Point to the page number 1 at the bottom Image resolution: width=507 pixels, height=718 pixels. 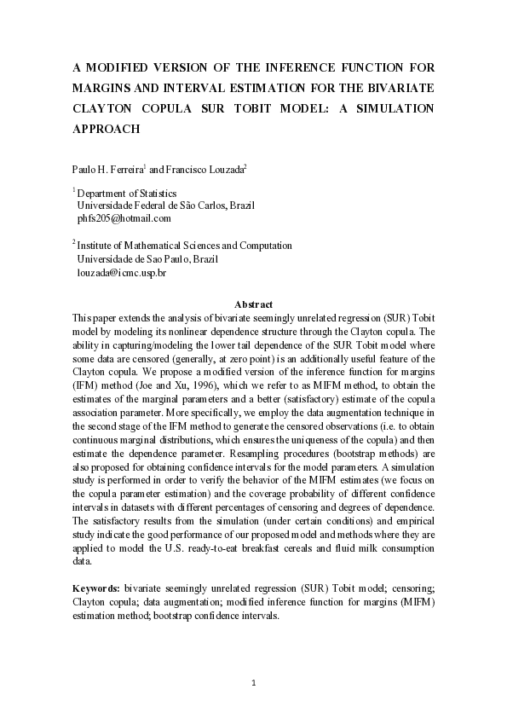[254, 683]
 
